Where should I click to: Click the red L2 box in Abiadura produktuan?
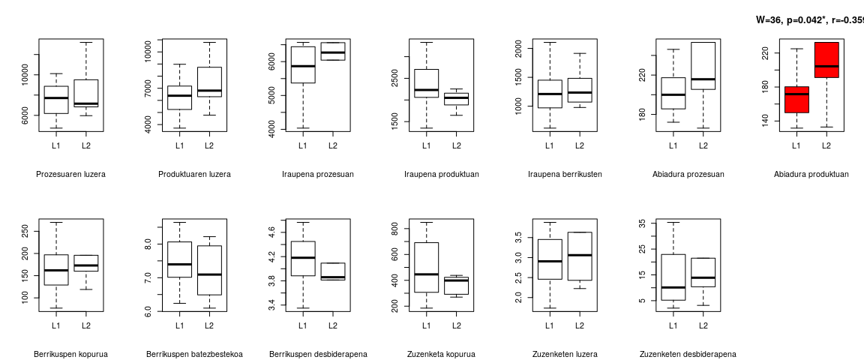[826, 60]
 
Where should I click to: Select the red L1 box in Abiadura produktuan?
[796, 100]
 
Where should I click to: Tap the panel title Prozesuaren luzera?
[70, 174]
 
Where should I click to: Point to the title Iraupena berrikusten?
[564, 174]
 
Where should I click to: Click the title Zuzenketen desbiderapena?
[688, 354]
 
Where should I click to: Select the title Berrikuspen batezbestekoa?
[194, 354]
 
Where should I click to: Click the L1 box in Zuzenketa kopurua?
[426, 267]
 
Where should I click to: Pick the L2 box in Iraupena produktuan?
[456, 99]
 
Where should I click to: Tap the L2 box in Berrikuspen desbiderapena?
[332, 271]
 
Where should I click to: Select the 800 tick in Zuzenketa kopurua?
[395, 227]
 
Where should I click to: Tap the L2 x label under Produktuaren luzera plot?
[209, 145]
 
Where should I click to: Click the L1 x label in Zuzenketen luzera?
[549, 325]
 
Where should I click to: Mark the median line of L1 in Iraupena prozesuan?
[303, 66]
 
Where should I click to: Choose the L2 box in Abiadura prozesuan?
[703, 66]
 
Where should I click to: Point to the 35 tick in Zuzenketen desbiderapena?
[642, 223]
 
